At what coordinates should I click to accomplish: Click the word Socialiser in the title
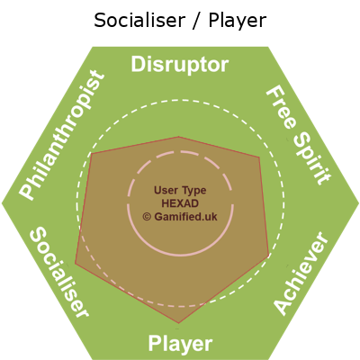[139, 21]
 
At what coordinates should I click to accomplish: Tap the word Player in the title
[238, 22]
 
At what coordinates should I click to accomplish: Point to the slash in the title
[196, 21]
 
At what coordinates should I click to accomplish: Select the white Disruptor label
[180, 65]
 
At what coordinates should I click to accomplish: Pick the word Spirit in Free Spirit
[312, 158]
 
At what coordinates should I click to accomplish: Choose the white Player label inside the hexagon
[180, 344]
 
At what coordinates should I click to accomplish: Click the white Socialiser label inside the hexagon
[59, 272]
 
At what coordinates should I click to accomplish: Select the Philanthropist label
[62, 135]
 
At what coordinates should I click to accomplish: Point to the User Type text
[180, 190]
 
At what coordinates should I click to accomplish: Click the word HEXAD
[180, 203]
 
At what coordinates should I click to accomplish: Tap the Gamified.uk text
[185, 217]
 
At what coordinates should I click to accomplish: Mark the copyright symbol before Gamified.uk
[147, 217]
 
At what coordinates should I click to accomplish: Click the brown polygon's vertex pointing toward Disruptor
[179, 137]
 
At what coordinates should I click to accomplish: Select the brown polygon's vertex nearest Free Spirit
[259, 157]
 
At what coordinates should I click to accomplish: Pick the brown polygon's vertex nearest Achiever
[268, 256]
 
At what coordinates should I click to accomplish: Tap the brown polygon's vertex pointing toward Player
[179, 323]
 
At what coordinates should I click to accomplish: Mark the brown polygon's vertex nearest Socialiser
[76, 264]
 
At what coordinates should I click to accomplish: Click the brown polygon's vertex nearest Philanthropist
[91, 154]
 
